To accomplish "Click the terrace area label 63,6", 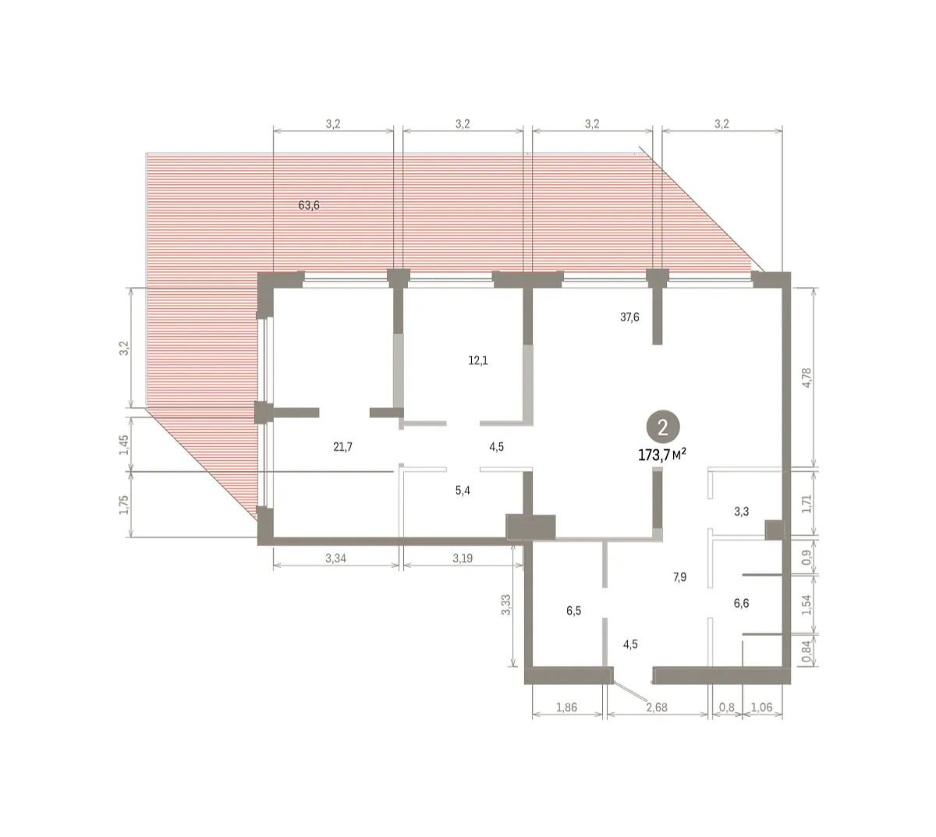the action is point(309,205).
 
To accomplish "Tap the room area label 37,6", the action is point(629,317).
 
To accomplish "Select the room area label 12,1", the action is point(477,360).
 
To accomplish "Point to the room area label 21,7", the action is point(342,447).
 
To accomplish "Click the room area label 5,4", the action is point(463,491).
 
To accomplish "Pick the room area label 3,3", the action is point(741,512).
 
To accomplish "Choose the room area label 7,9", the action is point(679,576).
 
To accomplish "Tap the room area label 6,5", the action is point(573,611).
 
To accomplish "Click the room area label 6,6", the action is point(741,603).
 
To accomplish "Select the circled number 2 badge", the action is point(662,427).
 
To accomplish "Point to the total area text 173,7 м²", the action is point(661,456).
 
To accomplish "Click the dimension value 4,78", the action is point(807,378).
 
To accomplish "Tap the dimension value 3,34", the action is point(335,559).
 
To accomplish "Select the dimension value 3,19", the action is point(463,559).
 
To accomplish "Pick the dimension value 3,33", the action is point(506,605).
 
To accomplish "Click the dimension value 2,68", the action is point(657,708).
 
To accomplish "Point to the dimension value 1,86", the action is point(566,708).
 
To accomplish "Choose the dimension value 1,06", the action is point(761,708).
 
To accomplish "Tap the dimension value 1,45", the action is point(123,445).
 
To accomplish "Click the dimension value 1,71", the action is point(807,504).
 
